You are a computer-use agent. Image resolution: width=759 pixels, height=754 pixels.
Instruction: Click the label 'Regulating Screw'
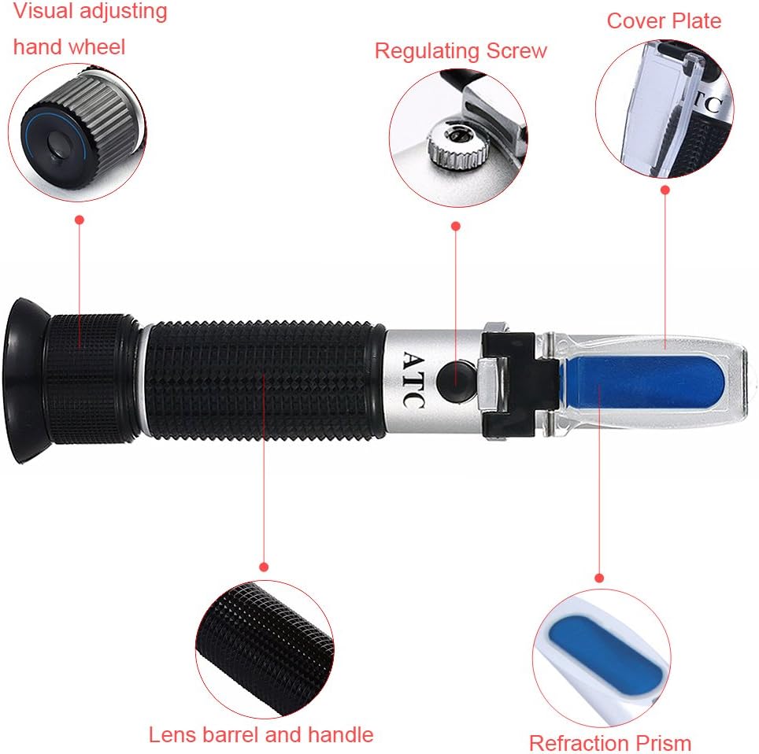461,51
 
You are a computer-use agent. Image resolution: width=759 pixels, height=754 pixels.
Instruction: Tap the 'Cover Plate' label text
665,20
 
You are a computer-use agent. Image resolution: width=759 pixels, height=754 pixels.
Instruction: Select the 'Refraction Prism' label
610,743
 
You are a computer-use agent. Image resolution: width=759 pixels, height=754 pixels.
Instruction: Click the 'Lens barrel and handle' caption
261,734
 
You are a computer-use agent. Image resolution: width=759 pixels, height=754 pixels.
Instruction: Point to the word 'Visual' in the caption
43,11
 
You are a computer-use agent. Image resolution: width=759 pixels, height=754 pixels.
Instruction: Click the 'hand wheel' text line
69,47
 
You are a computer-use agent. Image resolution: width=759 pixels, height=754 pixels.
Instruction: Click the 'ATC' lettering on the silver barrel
414,380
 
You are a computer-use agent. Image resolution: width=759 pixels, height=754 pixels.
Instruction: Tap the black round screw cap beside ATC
456,380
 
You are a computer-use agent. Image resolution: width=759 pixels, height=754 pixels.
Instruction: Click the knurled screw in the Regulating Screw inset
457,144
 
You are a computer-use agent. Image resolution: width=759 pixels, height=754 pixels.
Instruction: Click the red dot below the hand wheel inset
80,220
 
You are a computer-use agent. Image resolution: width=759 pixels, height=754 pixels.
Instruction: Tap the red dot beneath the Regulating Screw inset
456,226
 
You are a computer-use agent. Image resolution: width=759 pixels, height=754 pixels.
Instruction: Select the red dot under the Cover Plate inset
665,190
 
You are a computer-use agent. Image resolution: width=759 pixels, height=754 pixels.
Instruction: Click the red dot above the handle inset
264,567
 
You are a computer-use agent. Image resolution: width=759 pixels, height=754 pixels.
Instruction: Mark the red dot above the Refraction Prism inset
599,578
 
